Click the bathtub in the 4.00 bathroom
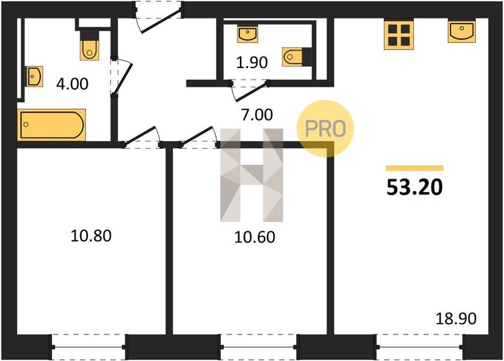click(x=52, y=125)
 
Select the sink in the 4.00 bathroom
click(x=34, y=76)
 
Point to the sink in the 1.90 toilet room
click(x=248, y=34)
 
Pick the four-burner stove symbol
click(x=399, y=35)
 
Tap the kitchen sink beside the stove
click(x=461, y=31)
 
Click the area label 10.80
click(x=91, y=236)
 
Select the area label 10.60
click(x=254, y=237)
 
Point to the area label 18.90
click(x=456, y=319)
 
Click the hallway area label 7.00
click(x=257, y=115)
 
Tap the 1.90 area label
click(x=251, y=63)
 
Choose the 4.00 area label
click(x=72, y=84)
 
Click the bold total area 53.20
click(x=414, y=187)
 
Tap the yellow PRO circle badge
click(x=325, y=129)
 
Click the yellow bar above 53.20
click(x=414, y=168)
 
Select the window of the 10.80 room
click(x=88, y=347)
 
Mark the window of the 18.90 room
click(x=420, y=347)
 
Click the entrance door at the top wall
click(x=158, y=16)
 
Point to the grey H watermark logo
click(x=251, y=175)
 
